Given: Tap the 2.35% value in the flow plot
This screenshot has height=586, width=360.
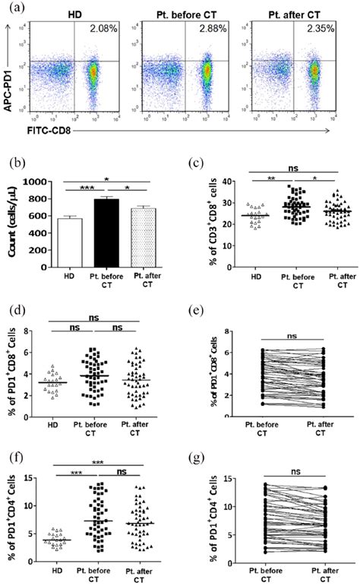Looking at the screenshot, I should (320, 30).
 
